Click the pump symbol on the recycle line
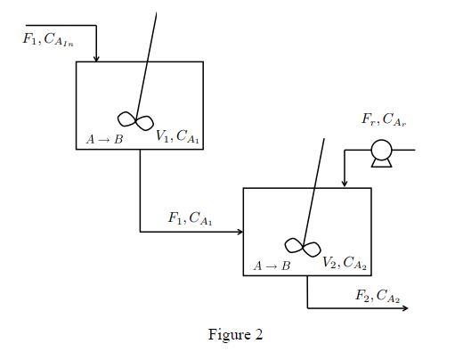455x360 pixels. click(381, 152)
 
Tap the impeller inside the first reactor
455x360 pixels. click(136, 119)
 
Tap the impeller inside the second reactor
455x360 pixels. click(302, 246)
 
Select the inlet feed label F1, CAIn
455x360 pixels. click(47, 39)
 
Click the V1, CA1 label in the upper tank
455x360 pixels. click(177, 136)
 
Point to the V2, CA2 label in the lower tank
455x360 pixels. click(345, 263)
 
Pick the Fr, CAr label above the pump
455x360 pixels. click(384, 120)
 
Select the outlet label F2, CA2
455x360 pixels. click(375, 296)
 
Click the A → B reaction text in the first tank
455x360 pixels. click(104, 139)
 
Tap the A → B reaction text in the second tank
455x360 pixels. click(272, 266)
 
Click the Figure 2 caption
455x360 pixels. click(235, 335)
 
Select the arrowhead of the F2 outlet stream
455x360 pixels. click(404, 308)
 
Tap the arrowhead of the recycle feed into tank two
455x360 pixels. click(344, 184)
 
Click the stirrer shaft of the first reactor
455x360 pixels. click(149, 62)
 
